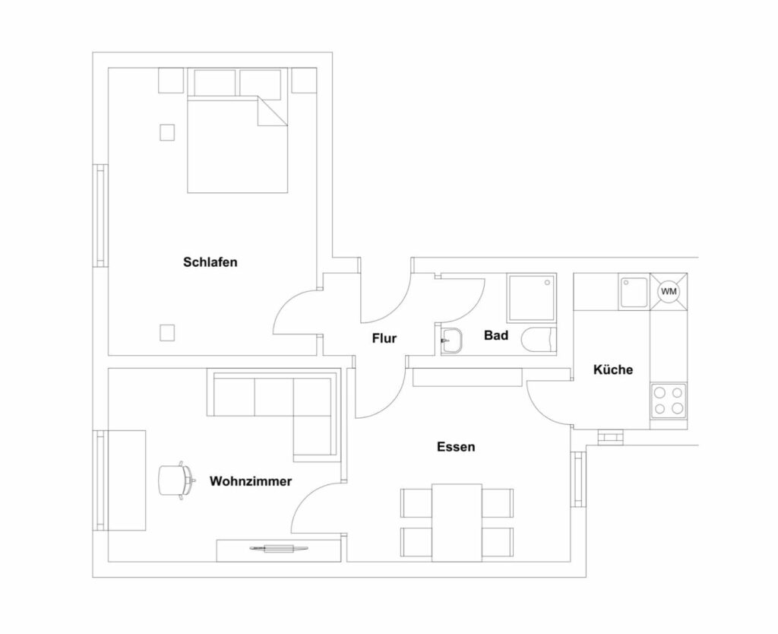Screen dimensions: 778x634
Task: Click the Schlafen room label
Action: [210, 262]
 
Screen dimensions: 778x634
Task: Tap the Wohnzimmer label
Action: [251, 481]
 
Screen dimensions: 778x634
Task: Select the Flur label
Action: [384, 338]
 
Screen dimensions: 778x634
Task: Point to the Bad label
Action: [496, 335]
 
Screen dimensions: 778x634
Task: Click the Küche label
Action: [613, 369]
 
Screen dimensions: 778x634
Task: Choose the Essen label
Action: [456, 447]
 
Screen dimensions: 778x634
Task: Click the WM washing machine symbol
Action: [669, 291]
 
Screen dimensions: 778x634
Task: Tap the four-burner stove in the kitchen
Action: [669, 400]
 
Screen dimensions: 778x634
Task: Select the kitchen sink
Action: [634, 293]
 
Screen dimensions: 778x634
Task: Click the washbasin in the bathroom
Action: [452, 341]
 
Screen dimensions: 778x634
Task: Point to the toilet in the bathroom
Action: [539, 341]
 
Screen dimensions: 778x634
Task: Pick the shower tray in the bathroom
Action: [531, 297]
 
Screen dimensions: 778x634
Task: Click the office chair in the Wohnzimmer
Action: [176, 480]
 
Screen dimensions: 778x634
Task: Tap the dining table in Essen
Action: [457, 523]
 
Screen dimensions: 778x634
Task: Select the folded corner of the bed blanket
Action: [273, 111]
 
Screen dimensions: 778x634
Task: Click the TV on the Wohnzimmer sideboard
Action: [279, 549]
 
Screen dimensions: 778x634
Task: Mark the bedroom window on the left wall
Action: [101, 216]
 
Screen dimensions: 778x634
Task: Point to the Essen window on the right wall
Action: [577, 479]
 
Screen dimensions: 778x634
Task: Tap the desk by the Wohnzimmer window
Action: [127, 480]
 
